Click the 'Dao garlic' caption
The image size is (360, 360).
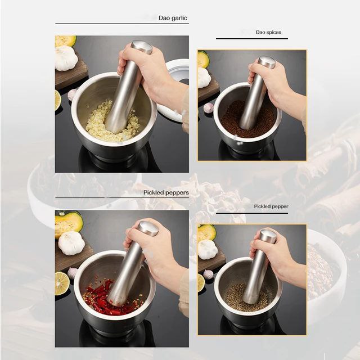click(173, 18)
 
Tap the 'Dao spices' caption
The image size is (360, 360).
click(268, 32)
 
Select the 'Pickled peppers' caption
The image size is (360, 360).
click(166, 192)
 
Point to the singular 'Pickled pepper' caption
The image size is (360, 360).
click(271, 206)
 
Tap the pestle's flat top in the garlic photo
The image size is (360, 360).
click(142, 47)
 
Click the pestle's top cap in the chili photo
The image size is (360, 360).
click(148, 228)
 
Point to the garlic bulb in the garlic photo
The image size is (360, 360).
click(66, 58)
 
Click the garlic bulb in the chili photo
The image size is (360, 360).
click(71, 243)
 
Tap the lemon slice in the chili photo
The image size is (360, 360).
click(62, 283)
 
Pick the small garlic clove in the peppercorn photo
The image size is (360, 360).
click(208, 274)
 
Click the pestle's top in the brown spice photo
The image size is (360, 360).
click(267, 62)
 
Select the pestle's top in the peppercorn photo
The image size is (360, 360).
click(267, 236)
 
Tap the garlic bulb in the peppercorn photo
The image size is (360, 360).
click(208, 249)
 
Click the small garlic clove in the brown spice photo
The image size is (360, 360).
click(208, 108)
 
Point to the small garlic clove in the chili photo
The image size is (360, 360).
click(73, 273)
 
